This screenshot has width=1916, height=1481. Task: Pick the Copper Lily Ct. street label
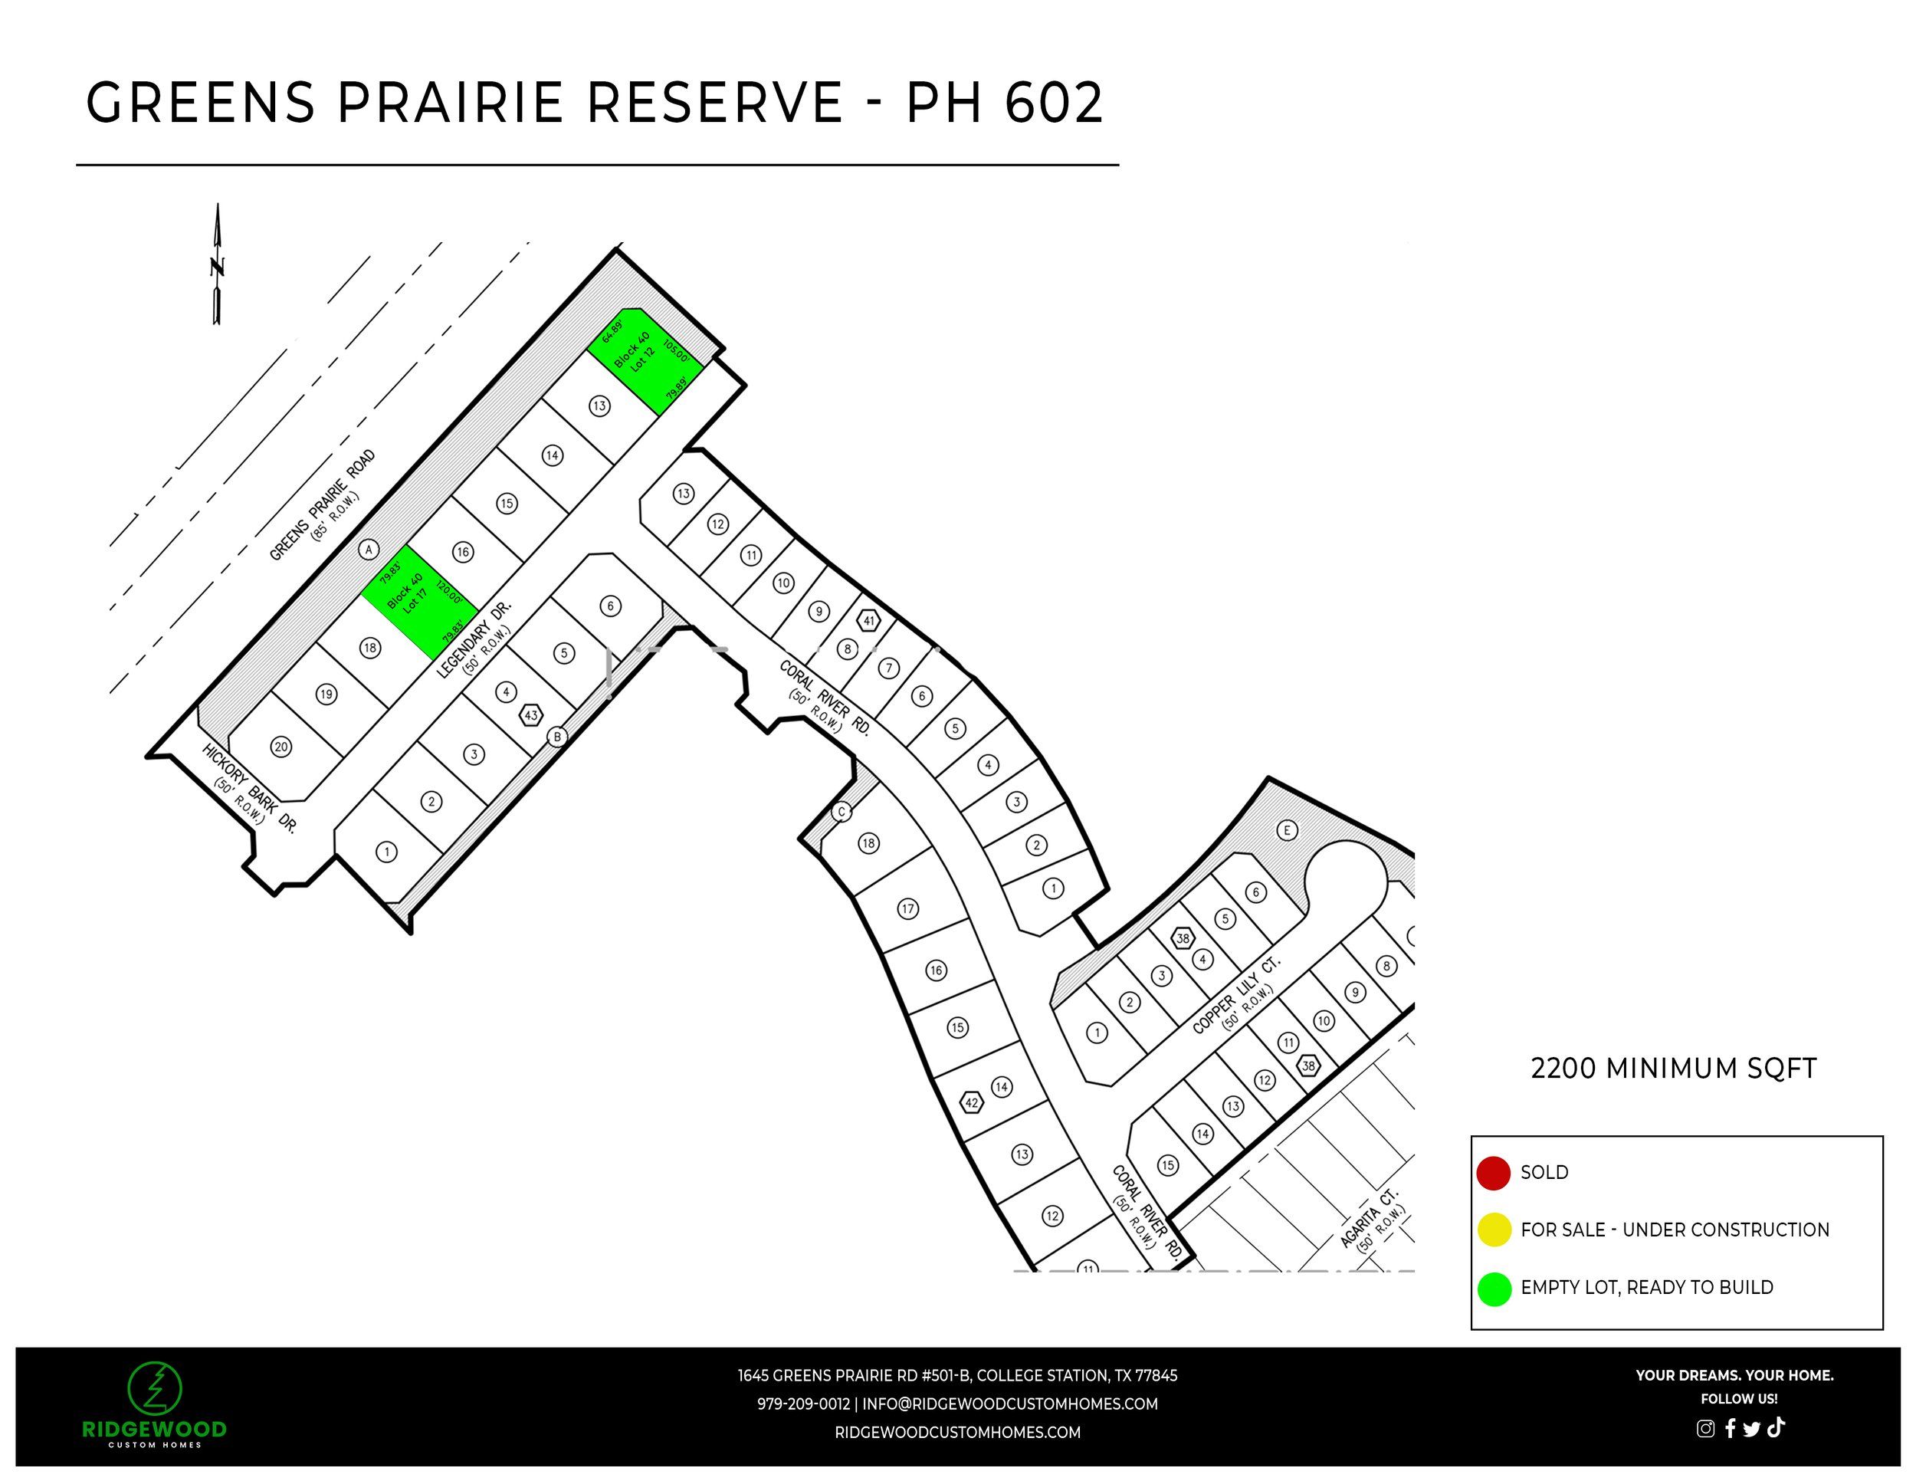coord(1236,995)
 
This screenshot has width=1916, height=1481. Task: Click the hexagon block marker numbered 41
coord(868,621)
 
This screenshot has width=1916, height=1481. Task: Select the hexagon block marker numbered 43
coord(531,715)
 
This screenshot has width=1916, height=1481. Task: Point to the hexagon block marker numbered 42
coord(971,1103)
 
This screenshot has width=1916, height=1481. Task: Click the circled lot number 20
coord(281,747)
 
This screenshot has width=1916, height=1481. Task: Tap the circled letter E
coord(1287,830)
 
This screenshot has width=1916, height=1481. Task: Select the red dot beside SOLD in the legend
coord(1493,1173)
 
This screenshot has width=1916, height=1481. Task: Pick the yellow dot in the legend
coord(1493,1230)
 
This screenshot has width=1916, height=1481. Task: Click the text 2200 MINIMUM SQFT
coord(1673,1069)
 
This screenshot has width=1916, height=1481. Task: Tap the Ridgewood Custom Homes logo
coord(154,1404)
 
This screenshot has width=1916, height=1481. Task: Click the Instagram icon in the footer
coord(1705,1428)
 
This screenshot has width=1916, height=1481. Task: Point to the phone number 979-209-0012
coord(802,1404)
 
